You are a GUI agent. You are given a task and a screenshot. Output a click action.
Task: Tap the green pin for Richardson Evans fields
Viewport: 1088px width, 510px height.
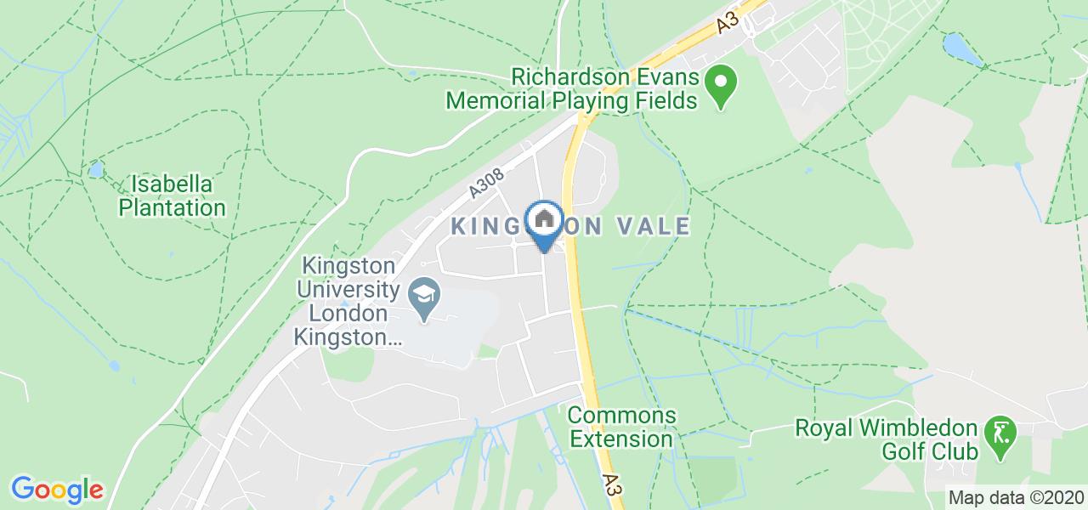coord(722,86)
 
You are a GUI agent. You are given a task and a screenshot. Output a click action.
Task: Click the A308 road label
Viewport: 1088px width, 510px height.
coord(486,184)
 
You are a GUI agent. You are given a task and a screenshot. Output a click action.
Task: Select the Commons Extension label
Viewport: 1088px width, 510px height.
coord(621,428)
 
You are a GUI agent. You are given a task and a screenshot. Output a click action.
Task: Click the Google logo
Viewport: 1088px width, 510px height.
coord(57,490)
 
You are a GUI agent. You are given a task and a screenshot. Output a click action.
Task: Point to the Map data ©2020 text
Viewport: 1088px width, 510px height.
coord(1017,497)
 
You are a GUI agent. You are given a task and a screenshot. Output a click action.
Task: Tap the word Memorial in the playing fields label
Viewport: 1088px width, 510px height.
coord(498,101)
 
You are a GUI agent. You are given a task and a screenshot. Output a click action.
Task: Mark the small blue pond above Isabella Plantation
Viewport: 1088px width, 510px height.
coord(95,169)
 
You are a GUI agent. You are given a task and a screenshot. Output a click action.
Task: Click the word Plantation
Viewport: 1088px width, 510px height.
coord(173,207)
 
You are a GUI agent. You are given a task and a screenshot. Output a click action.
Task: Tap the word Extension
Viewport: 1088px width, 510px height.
coord(621,439)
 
